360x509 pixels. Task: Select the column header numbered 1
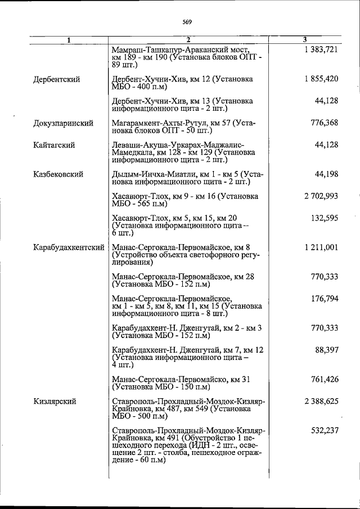coord(69,40)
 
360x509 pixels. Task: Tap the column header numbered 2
coord(188,40)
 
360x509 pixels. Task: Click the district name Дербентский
coord(56,79)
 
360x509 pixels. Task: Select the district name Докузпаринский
coord(63,123)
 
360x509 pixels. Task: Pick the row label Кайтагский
coord(54,145)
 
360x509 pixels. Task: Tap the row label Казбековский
coord(58,174)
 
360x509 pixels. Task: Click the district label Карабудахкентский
coord(69,247)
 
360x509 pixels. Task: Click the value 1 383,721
coord(321,50)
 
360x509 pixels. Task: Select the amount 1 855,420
coord(321,79)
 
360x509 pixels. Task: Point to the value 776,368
coord(324,123)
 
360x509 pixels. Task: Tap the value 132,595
coord(324,218)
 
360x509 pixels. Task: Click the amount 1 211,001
coord(321,247)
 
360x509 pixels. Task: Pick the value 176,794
coord(324,298)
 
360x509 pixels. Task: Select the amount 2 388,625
coord(321,401)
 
